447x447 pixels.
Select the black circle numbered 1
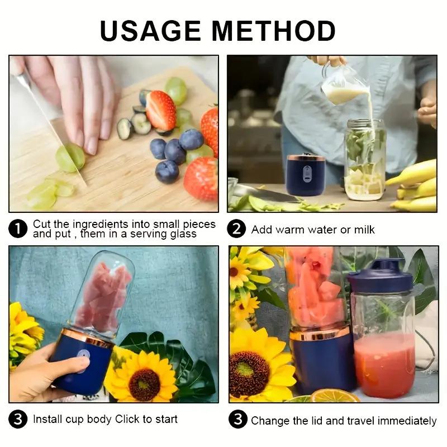click(18, 229)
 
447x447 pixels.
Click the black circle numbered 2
click(237, 229)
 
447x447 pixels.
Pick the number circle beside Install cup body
click(18, 420)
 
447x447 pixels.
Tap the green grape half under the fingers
click(70, 158)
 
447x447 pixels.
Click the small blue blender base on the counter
click(306, 174)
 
